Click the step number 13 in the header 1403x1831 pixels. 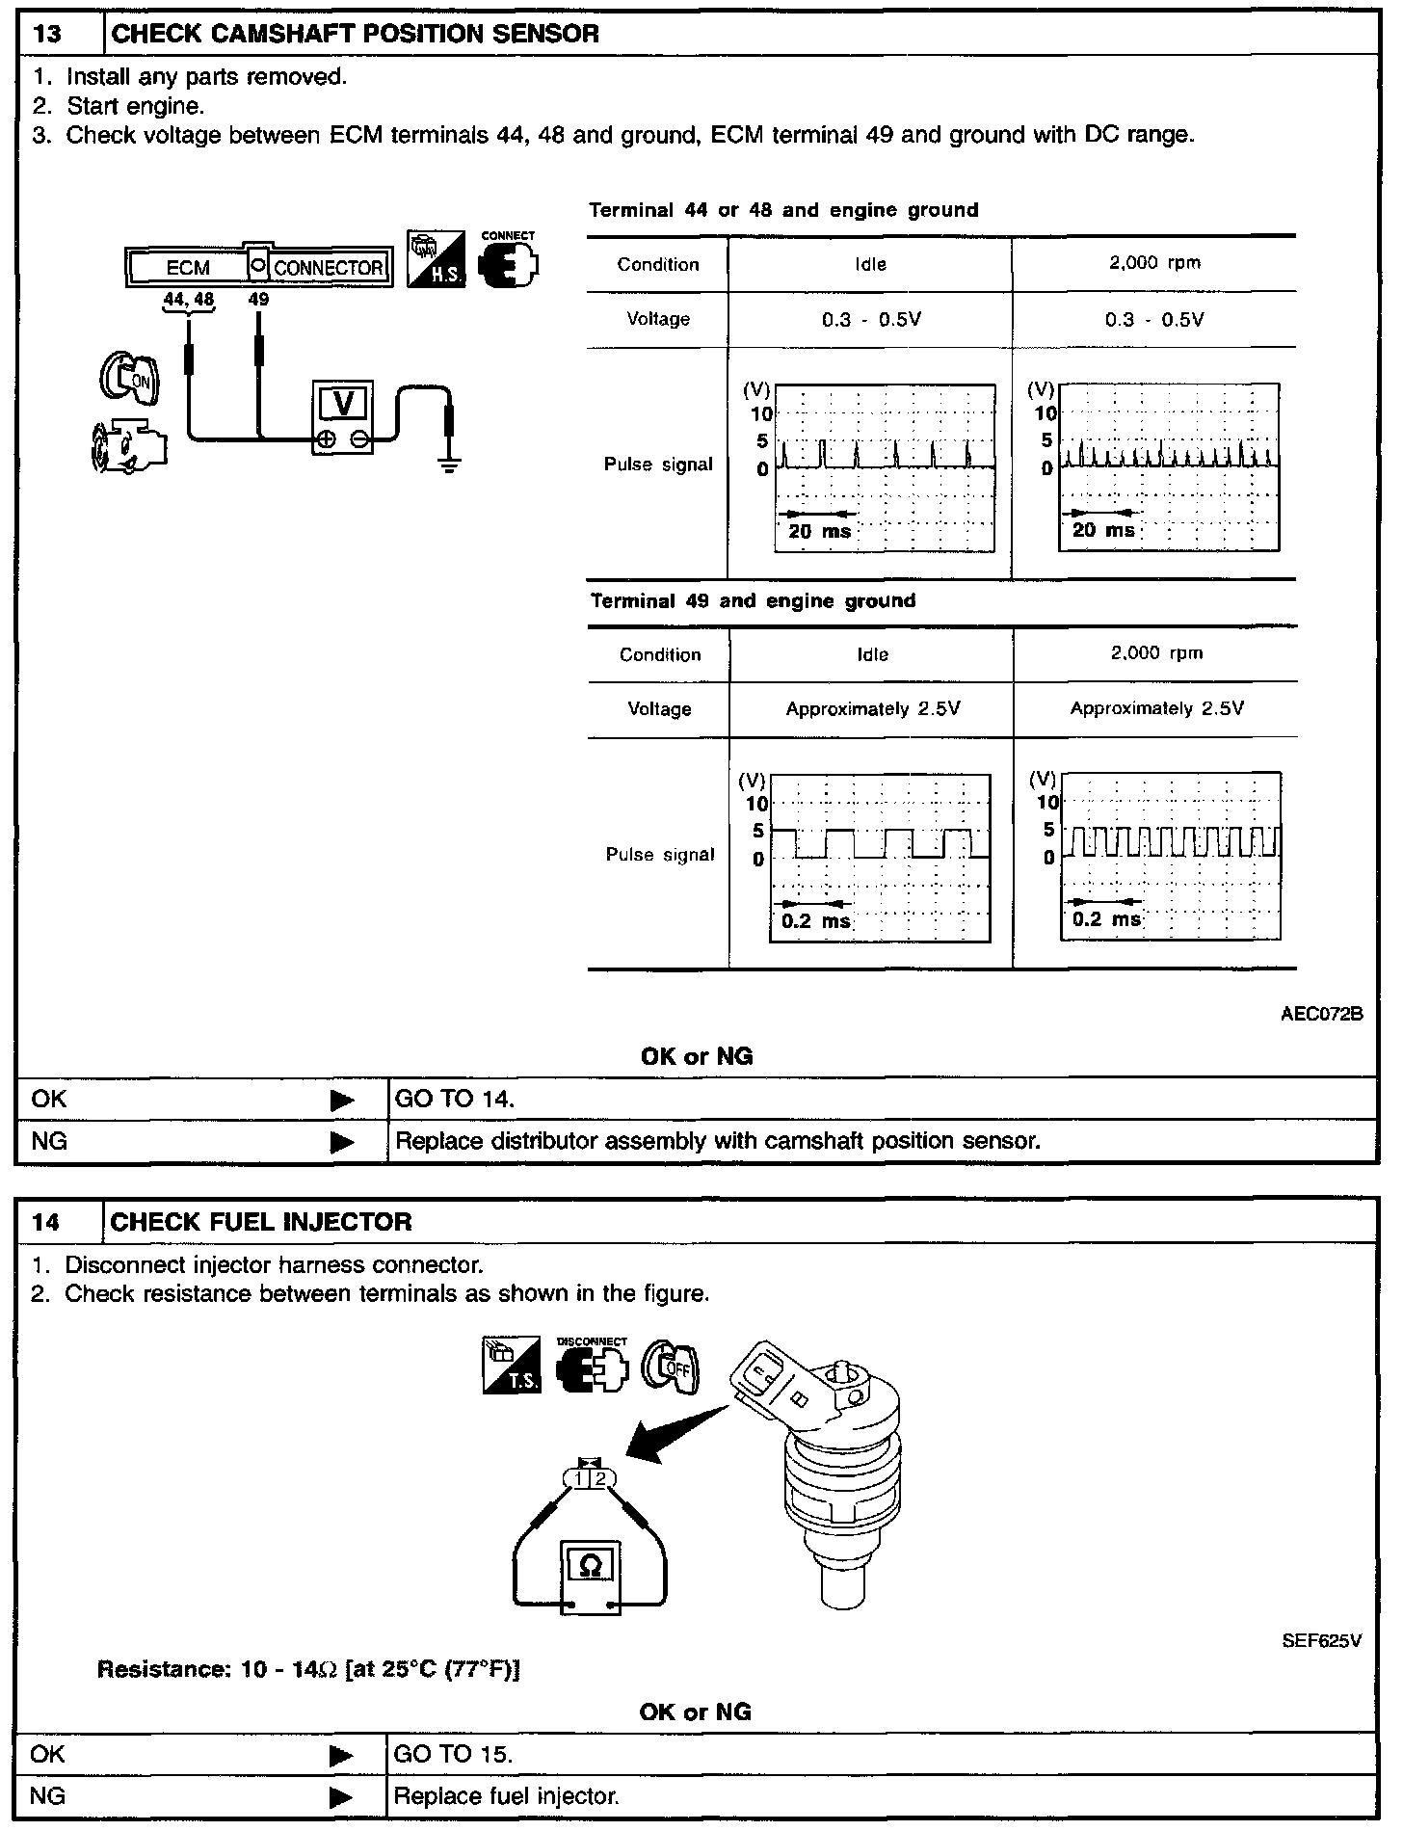click(x=46, y=35)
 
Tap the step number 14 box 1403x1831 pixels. click(x=46, y=1222)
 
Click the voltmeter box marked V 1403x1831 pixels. click(x=343, y=403)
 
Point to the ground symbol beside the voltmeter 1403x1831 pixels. click(x=449, y=464)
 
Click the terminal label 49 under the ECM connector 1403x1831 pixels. click(x=258, y=300)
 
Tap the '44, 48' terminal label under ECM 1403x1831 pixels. click(x=189, y=300)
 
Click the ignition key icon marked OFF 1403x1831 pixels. click(x=671, y=1365)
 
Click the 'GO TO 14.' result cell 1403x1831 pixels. click(x=455, y=1100)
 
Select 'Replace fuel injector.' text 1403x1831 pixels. click(x=507, y=1796)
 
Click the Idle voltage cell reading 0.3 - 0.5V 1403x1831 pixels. click(x=871, y=320)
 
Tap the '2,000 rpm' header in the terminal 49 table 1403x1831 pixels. click(x=1155, y=653)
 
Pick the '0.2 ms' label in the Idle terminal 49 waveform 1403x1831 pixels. click(x=815, y=920)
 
